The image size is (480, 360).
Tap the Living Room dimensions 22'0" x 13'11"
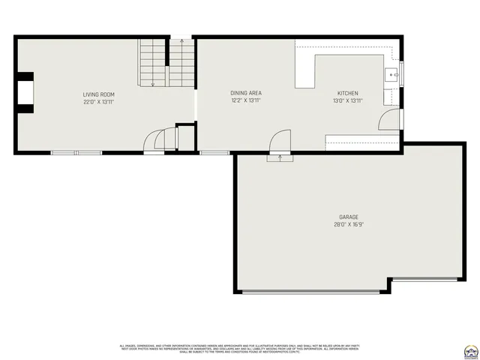click(x=98, y=101)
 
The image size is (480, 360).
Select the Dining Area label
click(x=245, y=93)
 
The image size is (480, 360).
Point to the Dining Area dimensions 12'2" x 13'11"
click(x=245, y=100)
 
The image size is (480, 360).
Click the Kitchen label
click(x=348, y=93)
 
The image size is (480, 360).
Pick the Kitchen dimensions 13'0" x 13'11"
click(x=348, y=100)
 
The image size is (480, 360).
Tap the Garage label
click(x=348, y=217)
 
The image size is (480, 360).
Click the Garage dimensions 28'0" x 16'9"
click(x=348, y=224)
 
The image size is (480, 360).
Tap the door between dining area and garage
click(x=280, y=142)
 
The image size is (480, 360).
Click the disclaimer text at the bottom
click(x=240, y=348)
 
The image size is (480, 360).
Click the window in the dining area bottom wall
click(x=214, y=153)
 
